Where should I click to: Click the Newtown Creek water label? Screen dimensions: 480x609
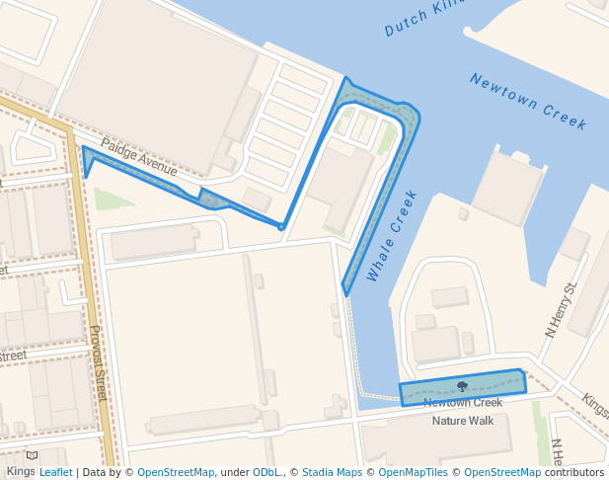(528, 102)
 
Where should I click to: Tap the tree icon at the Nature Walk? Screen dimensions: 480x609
(462, 386)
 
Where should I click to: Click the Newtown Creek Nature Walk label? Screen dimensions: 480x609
(463, 411)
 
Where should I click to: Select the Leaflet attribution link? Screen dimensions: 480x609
(55, 472)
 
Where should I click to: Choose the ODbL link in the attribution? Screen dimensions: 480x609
(266, 472)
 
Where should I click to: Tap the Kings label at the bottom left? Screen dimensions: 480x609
(20, 471)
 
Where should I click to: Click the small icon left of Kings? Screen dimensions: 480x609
(33, 456)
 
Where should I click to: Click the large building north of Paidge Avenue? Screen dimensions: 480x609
(158, 74)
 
